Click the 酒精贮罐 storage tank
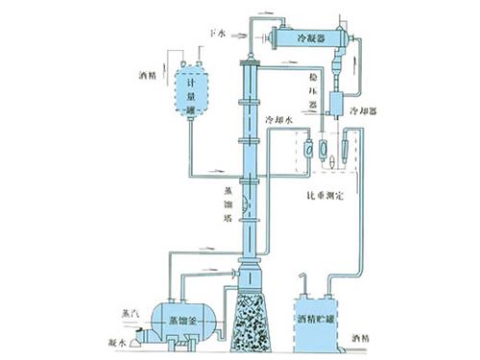(x=316, y=319)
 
